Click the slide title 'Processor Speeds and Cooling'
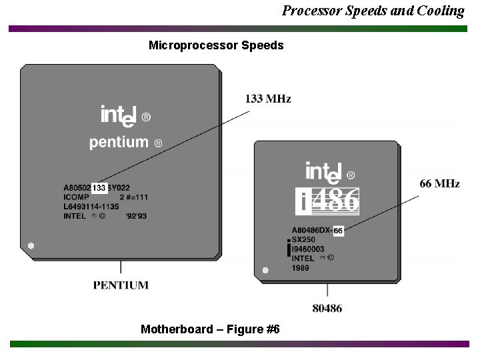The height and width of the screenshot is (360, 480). click(373, 11)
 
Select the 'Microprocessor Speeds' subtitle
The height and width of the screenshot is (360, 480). click(216, 45)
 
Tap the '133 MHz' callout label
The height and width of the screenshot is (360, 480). click(268, 99)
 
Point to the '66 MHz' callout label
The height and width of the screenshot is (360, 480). click(439, 183)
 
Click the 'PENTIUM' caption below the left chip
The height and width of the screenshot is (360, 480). click(121, 285)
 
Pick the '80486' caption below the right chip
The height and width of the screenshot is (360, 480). click(327, 308)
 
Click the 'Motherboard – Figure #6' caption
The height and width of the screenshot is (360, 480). click(211, 329)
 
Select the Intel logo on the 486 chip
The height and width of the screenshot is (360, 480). click(329, 173)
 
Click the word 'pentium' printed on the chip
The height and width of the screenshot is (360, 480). click(119, 142)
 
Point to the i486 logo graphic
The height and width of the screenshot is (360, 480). click(327, 201)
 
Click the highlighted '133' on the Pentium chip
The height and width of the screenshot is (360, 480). click(99, 188)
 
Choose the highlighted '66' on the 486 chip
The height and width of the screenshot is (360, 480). click(338, 230)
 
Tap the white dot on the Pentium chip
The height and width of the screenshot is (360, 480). click(31, 245)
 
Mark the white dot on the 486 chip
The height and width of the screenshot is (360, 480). click(265, 271)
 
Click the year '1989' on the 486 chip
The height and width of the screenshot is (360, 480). click(301, 267)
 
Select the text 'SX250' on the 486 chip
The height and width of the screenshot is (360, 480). click(303, 239)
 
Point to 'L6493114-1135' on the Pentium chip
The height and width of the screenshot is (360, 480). click(91, 207)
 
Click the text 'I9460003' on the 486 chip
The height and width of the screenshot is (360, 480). click(308, 249)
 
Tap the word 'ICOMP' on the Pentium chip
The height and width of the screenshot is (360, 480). click(75, 197)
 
